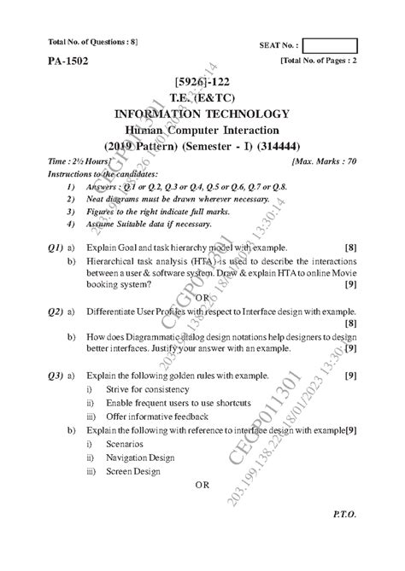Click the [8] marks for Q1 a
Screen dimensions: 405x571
(x=350, y=248)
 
